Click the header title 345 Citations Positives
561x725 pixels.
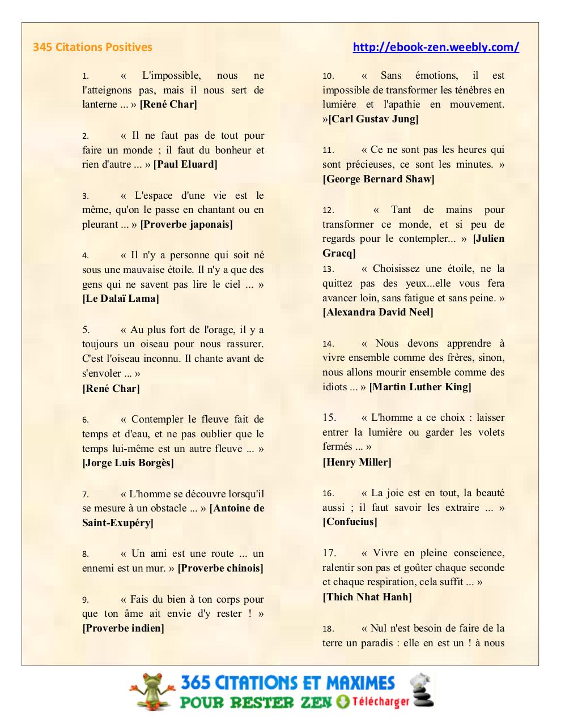coord(92,47)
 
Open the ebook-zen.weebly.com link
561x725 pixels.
coord(436,47)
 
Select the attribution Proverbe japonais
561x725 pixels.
coord(186,224)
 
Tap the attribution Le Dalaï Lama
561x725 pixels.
coord(121,298)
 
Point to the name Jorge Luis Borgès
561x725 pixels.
coord(128,463)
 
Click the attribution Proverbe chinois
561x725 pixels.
coord(220,568)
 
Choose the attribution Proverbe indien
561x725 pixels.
coord(124,628)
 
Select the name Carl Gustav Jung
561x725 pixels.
coord(373,119)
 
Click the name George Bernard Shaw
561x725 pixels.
coord(379,179)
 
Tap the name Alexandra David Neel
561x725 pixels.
coord(378,312)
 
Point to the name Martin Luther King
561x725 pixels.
coord(420,387)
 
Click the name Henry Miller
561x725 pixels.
coord(357,462)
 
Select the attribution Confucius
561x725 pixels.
coord(350,522)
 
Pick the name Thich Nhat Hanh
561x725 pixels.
coord(367,597)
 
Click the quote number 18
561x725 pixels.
coord(328,629)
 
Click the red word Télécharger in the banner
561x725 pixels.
coord(380,702)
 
